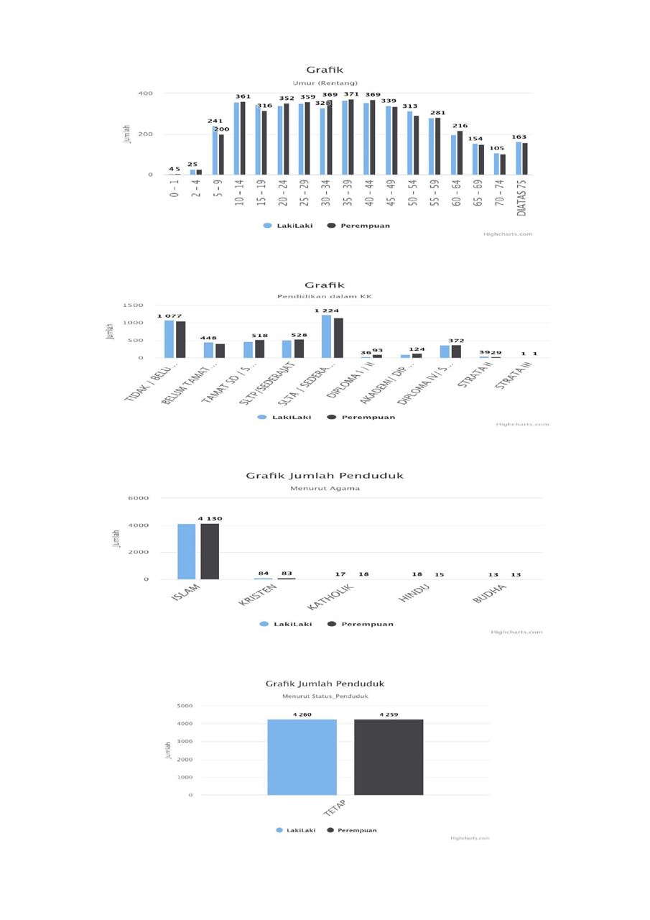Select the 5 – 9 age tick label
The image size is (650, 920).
coord(218,188)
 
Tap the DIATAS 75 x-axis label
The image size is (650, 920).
coord(521,196)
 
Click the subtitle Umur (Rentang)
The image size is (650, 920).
coord(325,83)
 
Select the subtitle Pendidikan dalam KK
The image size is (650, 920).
coord(325,296)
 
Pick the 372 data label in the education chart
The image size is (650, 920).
coord(456,341)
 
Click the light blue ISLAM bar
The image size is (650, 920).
coord(186,551)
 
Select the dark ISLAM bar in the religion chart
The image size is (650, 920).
coord(210,551)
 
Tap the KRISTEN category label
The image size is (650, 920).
coord(258,596)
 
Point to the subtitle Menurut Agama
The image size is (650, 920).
coord(325,489)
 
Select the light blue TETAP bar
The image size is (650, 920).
coord(302,757)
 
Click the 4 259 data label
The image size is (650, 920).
coord(389,714)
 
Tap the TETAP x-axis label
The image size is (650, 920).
coord(335,808)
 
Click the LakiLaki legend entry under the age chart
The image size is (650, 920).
coord(294,226)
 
